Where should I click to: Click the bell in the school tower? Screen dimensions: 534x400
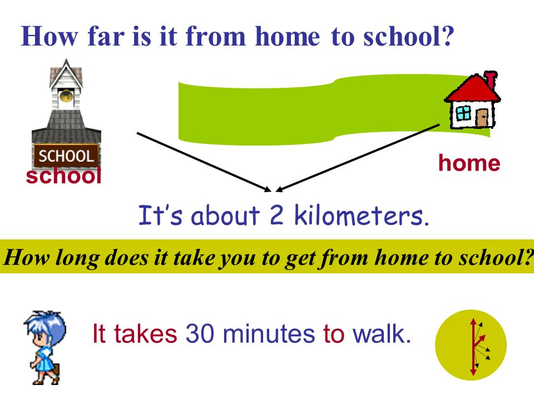(66, 96)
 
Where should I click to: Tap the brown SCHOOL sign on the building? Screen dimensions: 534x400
(66, 156)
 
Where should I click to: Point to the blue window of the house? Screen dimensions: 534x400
(463, 113)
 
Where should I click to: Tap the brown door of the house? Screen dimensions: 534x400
(482, 118)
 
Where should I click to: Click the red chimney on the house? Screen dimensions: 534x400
(491, 79)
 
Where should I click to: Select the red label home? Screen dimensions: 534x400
(469, 163)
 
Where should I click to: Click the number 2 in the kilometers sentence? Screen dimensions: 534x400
(276, 215)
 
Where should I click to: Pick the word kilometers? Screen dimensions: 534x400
(361, 215)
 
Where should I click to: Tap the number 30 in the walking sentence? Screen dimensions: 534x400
(200, 334)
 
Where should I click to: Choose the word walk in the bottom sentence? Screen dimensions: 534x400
(382, 333)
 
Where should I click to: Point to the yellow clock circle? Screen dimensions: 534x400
(471, 345)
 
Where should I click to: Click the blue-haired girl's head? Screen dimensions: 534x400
(45, 328)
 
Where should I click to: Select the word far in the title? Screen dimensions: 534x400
(106, 36)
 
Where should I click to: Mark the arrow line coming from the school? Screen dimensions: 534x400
(204, 162)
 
